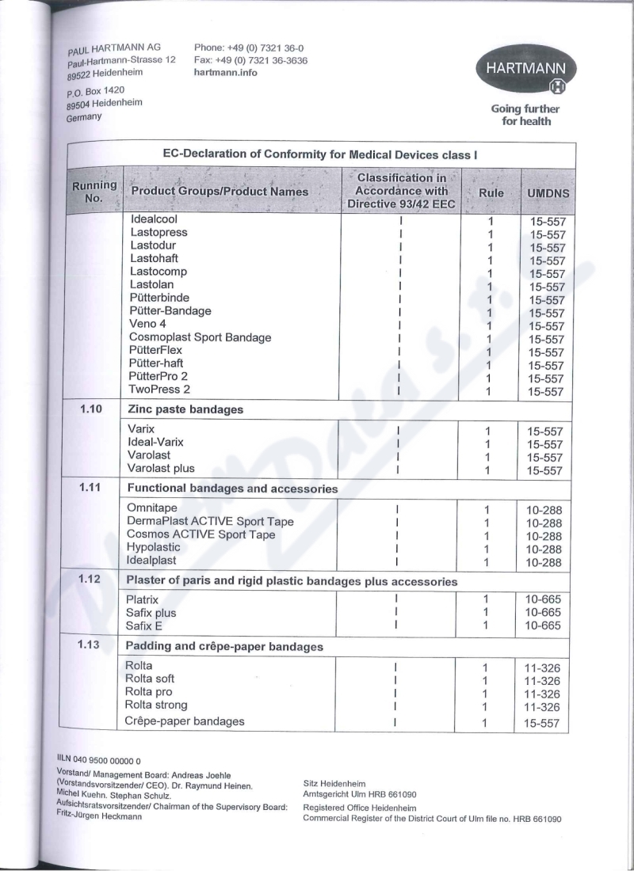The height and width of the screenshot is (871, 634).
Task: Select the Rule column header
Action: tap(491, 193)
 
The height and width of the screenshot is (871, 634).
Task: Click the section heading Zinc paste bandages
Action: tap(185, 409)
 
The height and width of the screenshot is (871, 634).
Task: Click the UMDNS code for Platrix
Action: tap(544, 600)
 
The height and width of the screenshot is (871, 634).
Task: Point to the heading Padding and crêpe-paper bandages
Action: tap(224, 646)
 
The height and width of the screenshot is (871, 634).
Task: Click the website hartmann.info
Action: tap(225, 72)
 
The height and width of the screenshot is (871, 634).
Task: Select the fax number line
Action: tap(250, 60)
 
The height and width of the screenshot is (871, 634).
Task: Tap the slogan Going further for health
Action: tap(525, 116)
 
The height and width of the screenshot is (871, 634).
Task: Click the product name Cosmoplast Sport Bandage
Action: tap(200, 337)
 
